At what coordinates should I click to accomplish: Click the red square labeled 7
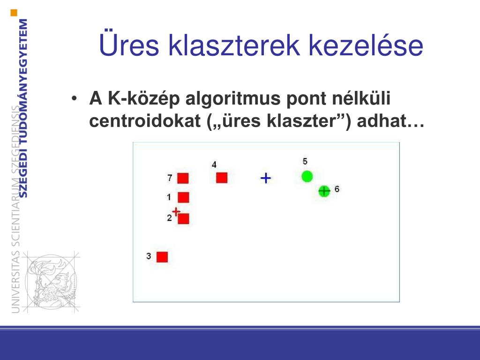point(183,178)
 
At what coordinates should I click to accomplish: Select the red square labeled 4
point(222,178)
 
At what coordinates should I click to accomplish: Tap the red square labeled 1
point(183,197)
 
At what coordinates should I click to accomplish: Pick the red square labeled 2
point(183,218)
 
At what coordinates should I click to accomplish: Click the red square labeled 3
point(162,257)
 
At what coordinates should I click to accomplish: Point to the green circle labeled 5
point(307,176)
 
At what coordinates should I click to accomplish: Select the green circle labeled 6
point(324,191)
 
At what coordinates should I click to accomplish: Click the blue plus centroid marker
point(266,178)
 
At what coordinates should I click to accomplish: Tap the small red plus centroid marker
point(176,211)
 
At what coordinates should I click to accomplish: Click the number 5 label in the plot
point(305,161)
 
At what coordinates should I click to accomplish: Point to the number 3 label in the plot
point(149,256)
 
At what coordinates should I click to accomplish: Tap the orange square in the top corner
point(14,13)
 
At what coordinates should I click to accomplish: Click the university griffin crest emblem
point(51,282)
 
